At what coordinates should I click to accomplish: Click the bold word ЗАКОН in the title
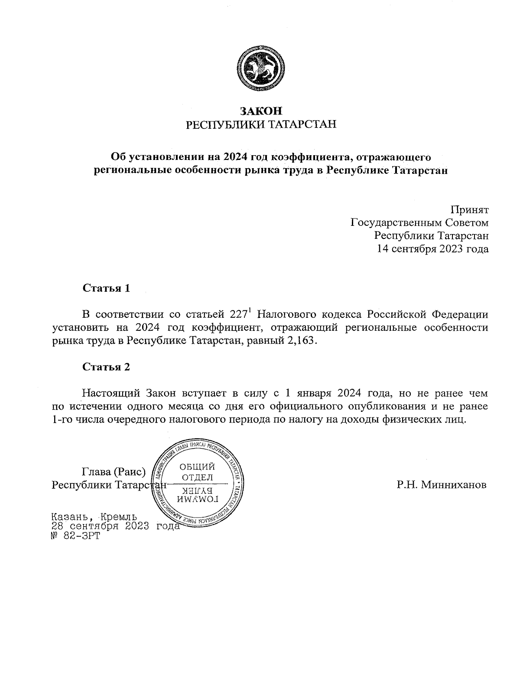tap(260, 111)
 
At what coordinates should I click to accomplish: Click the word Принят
tap(469, 210)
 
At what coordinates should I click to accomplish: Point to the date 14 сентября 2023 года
tap(433, 249)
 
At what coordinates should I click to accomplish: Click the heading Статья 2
tap(106, 367)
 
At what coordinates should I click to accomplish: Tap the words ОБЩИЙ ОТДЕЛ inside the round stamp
tap(197, 472)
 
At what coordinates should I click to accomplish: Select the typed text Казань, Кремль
tap(94, 517)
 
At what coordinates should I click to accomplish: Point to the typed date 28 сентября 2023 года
tap(115, 526)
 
